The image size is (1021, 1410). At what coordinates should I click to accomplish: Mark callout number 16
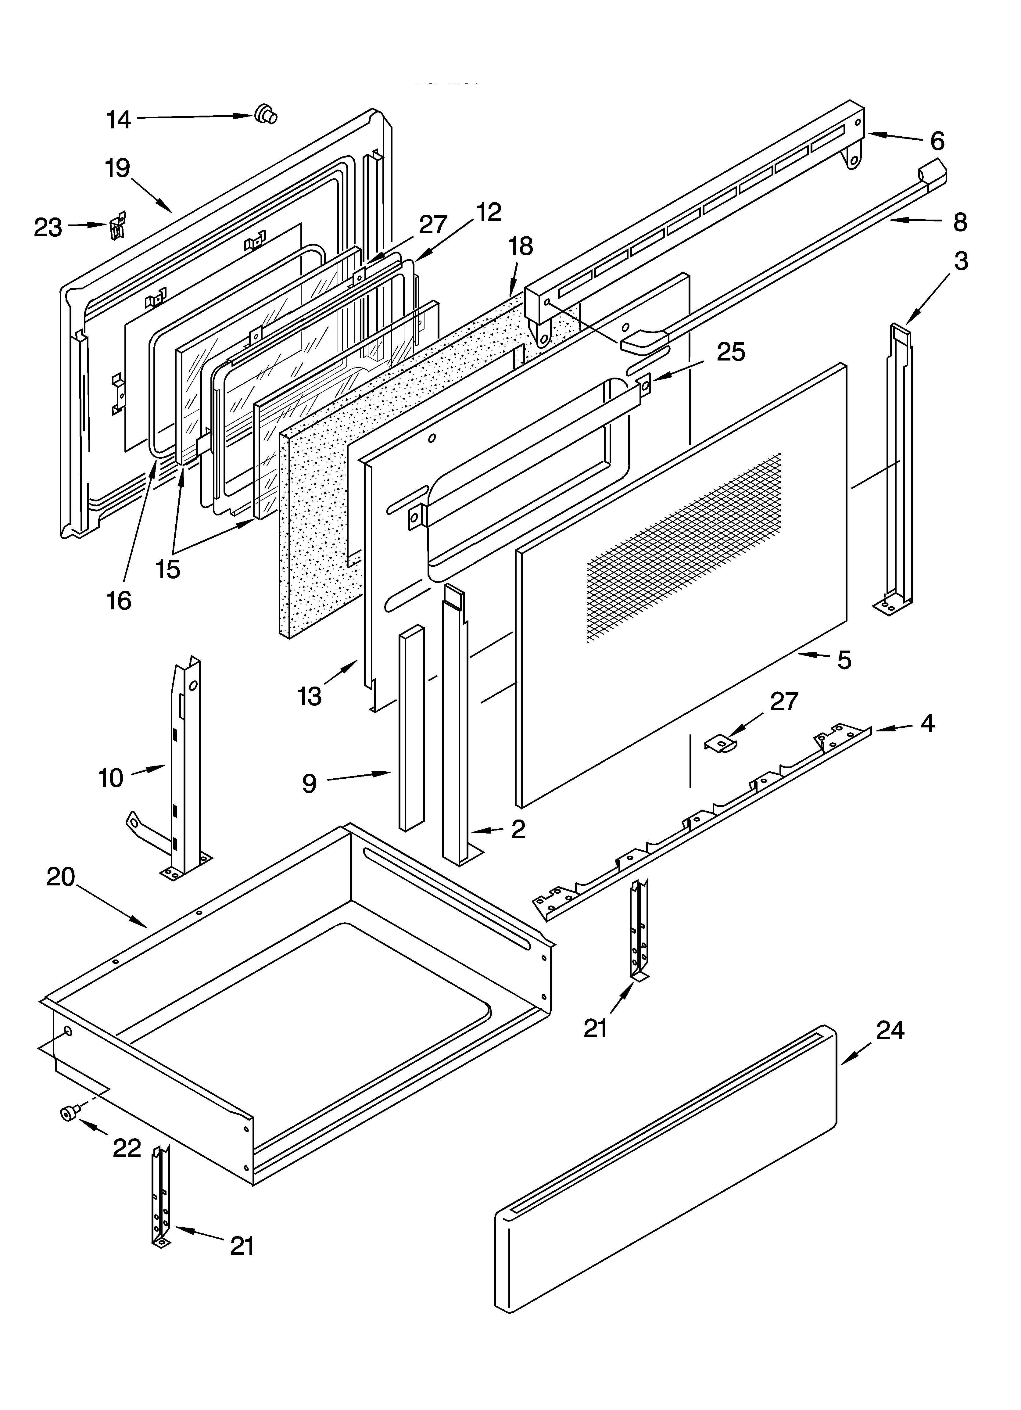(x=119, y=601)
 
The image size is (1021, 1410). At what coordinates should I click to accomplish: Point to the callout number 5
(x=844, y=660)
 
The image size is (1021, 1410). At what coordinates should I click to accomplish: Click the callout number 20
(x=61, y=877)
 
